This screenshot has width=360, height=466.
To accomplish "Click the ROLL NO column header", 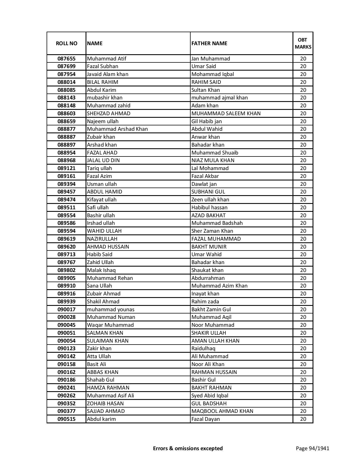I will coord(66,43).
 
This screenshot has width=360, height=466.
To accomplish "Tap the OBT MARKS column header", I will coord(303,43).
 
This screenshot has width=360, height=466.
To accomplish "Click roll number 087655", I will coord(66,59).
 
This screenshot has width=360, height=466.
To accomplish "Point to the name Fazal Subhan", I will coord(102,66).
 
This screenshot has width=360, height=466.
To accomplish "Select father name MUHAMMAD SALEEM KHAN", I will coord(226,114).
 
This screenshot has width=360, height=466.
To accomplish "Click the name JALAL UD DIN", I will coord(103,160).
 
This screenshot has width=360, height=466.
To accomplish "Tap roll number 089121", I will coord(66,168).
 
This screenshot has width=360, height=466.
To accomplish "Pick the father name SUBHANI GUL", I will coord(208,192).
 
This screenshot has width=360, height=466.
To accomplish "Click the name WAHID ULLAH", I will coord(104,231).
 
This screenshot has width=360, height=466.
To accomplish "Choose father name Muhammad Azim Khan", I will coord(219,286).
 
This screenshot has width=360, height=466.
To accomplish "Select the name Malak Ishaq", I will coord(101,270).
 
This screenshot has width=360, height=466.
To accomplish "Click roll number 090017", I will coord(66,310).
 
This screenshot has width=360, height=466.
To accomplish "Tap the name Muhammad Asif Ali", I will coord(110,396).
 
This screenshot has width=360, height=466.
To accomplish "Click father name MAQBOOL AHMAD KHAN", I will coord(222,411).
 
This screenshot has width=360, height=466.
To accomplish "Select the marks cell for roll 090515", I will coord(303,419).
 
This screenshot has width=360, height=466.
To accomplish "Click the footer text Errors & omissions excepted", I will coord(188,448).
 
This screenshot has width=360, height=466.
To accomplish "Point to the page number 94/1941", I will coord(312,448).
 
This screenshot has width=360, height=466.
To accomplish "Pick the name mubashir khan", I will coord(105,98).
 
